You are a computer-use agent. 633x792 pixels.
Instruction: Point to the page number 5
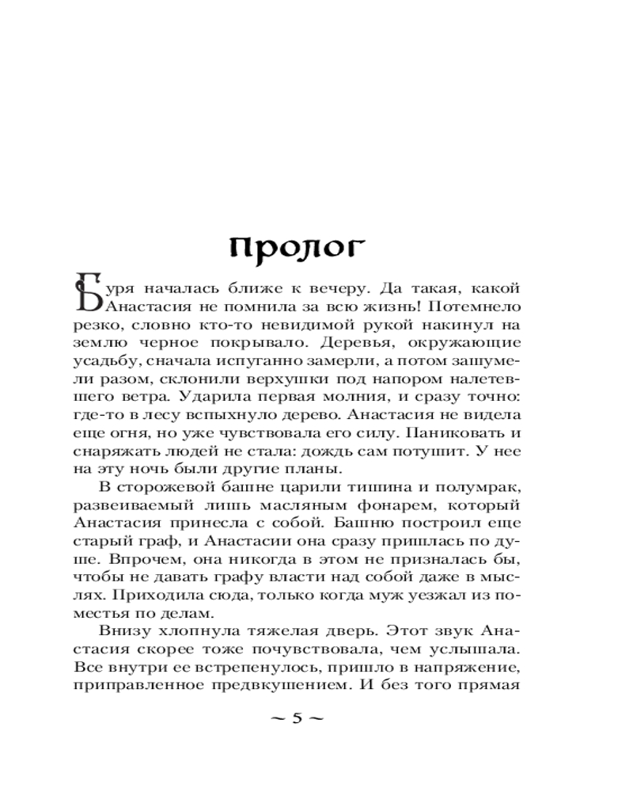coord(298,718)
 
